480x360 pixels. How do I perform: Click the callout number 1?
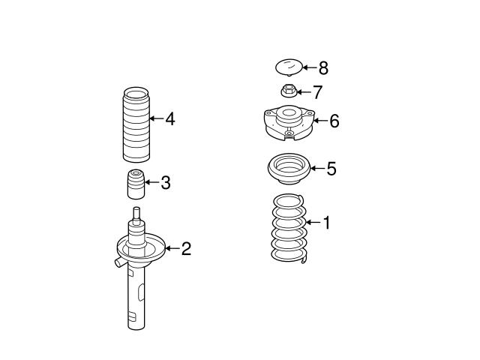pyautogui.click(x=326, y=223)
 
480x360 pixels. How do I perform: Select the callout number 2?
pyautogui.click(x=186, y=249)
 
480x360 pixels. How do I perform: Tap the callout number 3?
pyautogui.click(x=166, y=182)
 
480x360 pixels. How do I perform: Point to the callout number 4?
pyautogui.click(x=170, y=118)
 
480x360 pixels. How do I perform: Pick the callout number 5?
pyautogui.click(x=331, y=169)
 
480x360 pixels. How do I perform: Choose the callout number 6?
pyautogui.click(x=334, y=121)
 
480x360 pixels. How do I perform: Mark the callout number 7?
pyautogui.click(x=317, y=92)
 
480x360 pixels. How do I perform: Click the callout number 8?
pyautogui.click(x=323, y=68)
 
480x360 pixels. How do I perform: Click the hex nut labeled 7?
pyautogui.click(x=288, y=92)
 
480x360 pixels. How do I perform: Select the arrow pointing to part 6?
pyautogui.click(x=318, y=121)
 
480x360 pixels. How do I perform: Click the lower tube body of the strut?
pyautogui.click(x=136, y=300)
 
